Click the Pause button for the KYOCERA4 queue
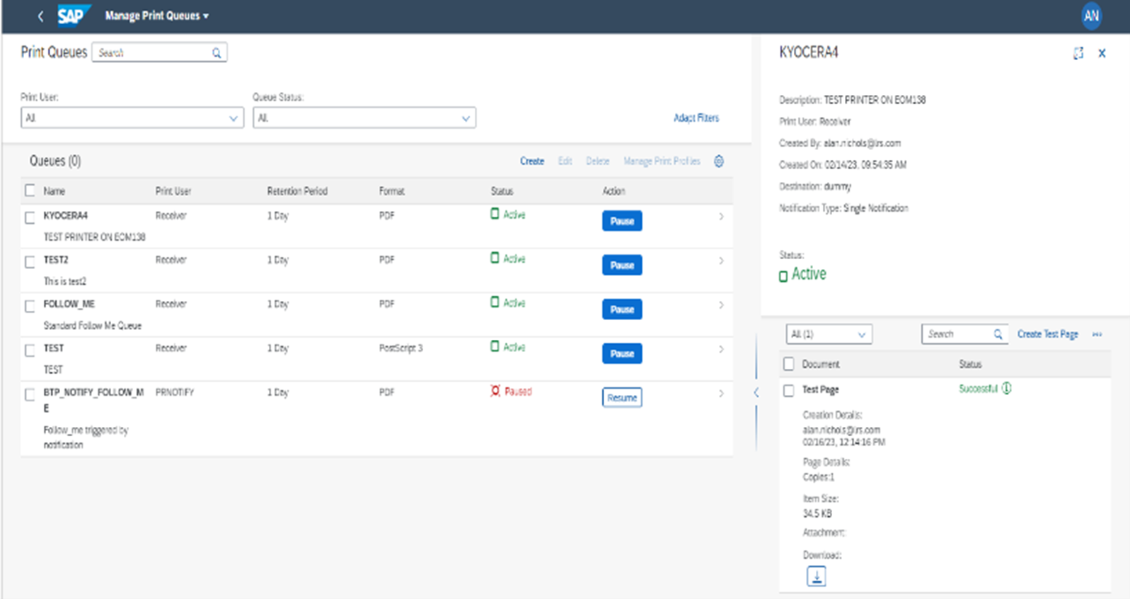click(x=622, y=221)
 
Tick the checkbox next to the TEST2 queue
click(x=30, y=262)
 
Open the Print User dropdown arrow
click(x=233, y=118)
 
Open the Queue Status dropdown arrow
click(x=466, y=118)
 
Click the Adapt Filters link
click(x=696, y=118)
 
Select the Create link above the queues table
click(x=532, y=161)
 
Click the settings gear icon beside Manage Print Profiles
click(x=719, y=161)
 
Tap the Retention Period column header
click(x=297, y=191)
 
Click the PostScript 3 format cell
click(x=400, y=348)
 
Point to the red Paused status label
click(x=518, y=392)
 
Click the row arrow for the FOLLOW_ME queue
click(x=721, y=305)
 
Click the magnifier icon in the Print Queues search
click(x=217, y=53)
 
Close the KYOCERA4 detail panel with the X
click(x=1102, y=53)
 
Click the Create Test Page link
click(x=1047, y=334)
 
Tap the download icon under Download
click(x=817, y=576)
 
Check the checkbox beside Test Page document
click(x=789, y=390)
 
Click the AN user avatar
click(x=1091, y=16)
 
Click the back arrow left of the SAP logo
click(x=40, y=16)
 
